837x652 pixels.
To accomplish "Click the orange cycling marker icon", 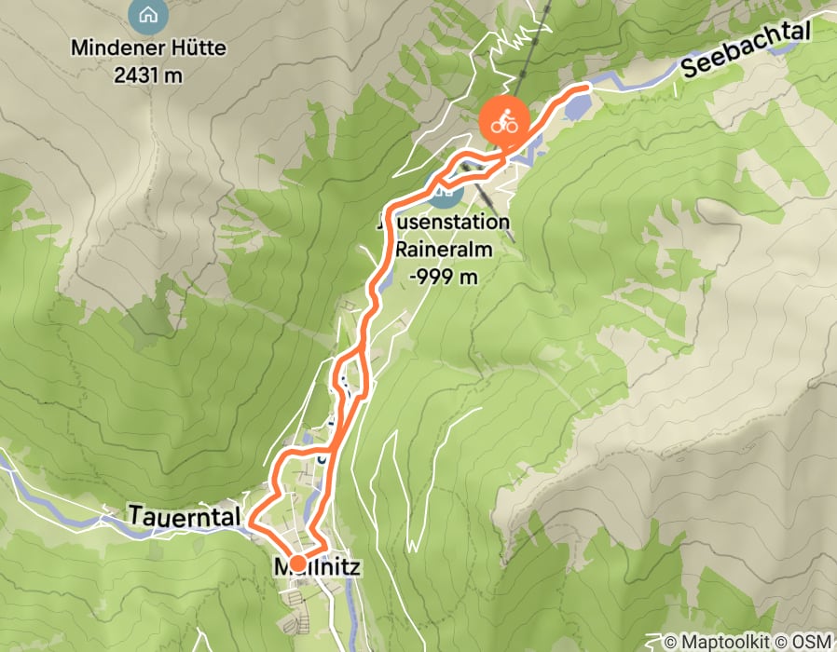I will point(504,121).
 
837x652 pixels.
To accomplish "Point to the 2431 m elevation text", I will point(147,75).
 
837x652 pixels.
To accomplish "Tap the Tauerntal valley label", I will point(185,516).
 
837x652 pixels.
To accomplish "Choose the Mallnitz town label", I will point(317,566).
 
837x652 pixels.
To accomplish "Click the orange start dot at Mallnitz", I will point(296,563).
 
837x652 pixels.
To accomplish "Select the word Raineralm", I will point(444,250).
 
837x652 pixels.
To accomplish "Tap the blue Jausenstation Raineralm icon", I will point(446,194).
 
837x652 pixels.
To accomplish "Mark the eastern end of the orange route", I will point(586,88).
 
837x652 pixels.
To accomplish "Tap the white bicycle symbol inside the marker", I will point(504,121).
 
